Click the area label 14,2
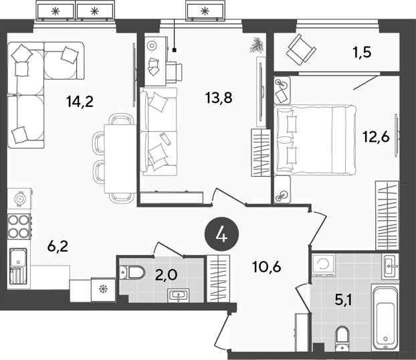pyautogui.click(x=80, y=102)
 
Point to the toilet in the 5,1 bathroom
pyautogui.click(x=343, y=337)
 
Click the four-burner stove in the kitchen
pyautogui.click(x=19, y=226)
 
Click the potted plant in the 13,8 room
pyautogui.click(x=256, y=46)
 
